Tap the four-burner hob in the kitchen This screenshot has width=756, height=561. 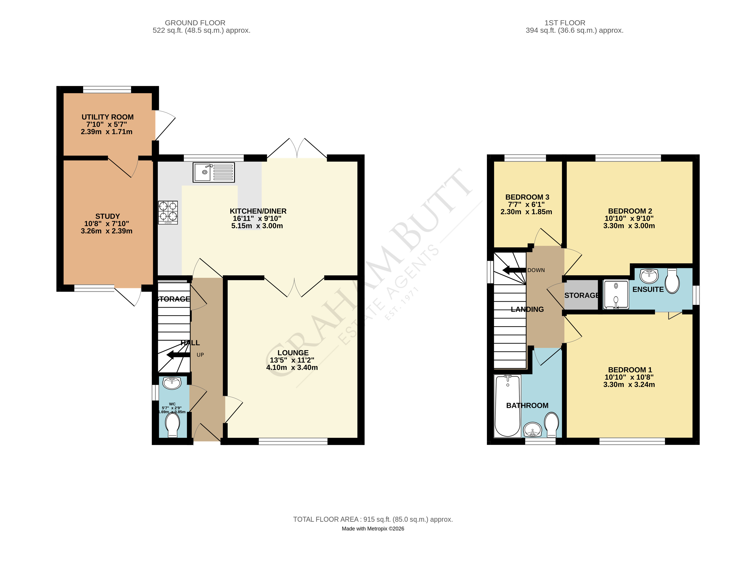click(x=168, y=212)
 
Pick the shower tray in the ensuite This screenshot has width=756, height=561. click(x=616, y=294)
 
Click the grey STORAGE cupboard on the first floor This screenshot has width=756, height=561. click(x=581, y=295)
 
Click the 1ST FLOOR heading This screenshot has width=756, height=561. click(x=565, y=23)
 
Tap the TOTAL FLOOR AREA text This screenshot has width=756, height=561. click(x=373, y=519)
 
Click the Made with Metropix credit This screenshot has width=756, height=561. click(x=373, y=529)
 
